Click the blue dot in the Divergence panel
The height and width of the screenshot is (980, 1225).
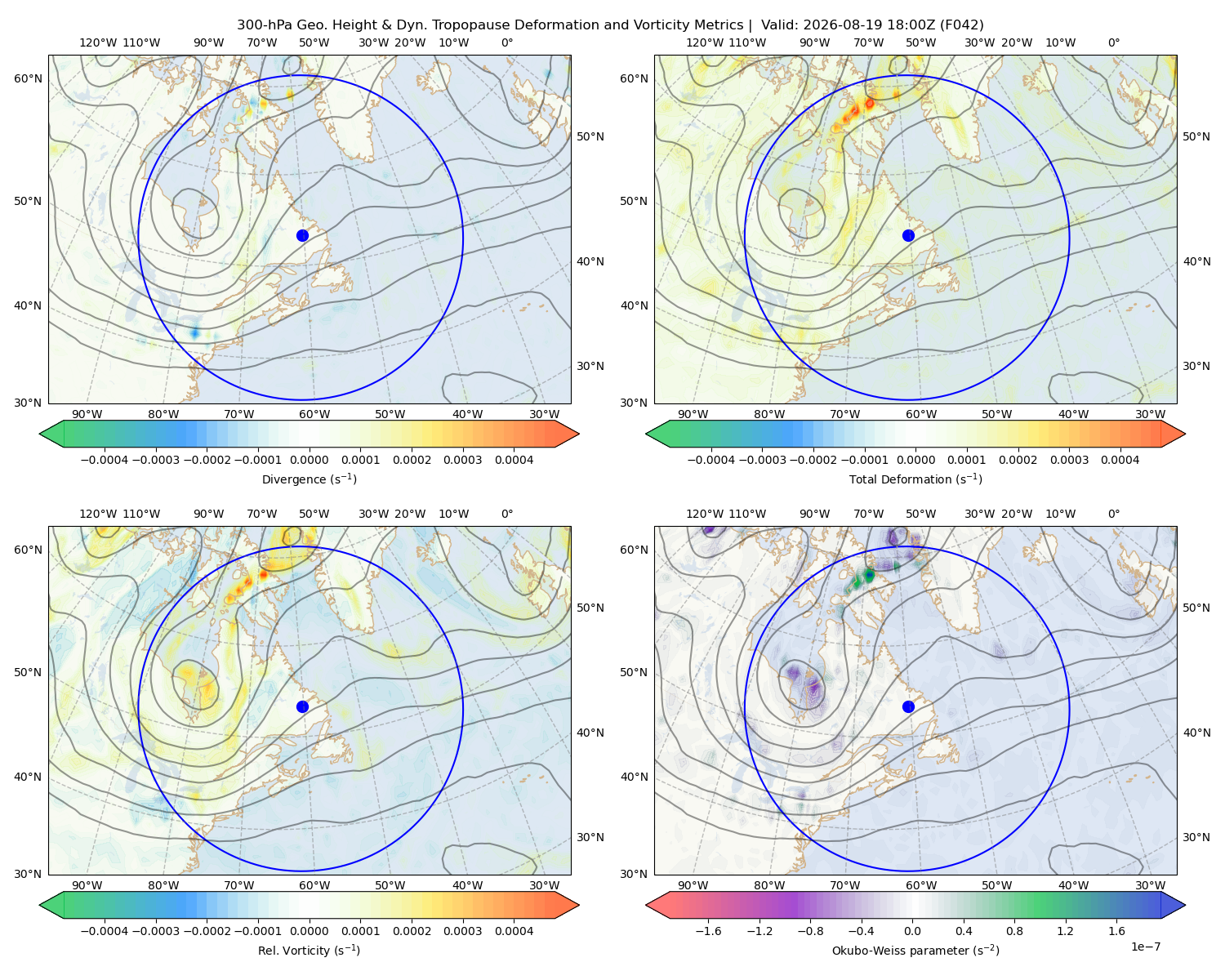[x=302, y=236]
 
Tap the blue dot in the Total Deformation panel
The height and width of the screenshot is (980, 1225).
[x=908, y=236]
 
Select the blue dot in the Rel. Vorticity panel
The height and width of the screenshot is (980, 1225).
[x=302, y=706]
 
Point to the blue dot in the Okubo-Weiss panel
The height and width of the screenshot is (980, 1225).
[x=908, y=706]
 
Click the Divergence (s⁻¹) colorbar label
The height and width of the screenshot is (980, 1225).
[x=309, y=479]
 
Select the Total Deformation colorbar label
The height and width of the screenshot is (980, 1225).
[x=915, y=479]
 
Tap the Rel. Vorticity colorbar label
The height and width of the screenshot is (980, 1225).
[x=309, y=951]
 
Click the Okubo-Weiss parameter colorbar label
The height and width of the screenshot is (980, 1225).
[x=915, y=951]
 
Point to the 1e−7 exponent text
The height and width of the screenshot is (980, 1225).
[x=1145, y=947]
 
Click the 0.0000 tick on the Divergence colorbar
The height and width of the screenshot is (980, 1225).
[x=309, y=460]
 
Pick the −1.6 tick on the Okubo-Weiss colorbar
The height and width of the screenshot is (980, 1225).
[x=708, y=931]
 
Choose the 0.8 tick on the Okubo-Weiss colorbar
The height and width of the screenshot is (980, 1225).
[x=1014, y=931]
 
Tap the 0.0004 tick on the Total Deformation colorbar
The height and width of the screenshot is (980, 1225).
[x=1120, y=460]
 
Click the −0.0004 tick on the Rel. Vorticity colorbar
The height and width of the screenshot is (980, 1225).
[x=105, y=931]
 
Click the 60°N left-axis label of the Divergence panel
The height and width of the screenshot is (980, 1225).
[x=28, y=78]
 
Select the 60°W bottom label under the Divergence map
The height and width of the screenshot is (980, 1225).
[x=314, y=414]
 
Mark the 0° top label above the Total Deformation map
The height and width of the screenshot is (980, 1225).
[x=1113, y=42]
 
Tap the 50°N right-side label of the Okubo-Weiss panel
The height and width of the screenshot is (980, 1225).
[x=1196, y=608]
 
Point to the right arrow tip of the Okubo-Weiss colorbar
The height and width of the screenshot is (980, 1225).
[x=1185, y=905]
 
